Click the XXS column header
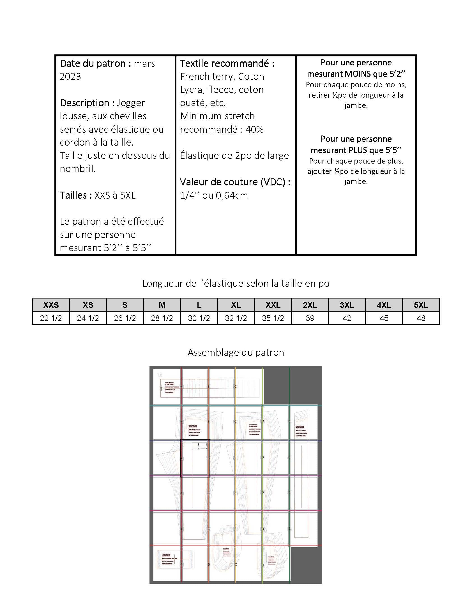(51, 305)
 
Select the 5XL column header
(421, 305)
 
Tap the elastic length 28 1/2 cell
(162, 318)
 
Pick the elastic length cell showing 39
(310, 318)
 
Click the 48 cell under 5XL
(421, 318)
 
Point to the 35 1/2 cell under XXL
(273, 318)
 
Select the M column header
(162, 305)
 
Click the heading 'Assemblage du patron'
(236, 352)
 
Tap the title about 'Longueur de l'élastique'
(236, 283)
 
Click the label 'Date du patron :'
(95, 63)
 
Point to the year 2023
(70, 76)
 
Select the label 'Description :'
(87, 103)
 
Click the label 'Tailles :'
(76, 195)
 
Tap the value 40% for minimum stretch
(255, 129)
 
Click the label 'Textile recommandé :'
(227, 63)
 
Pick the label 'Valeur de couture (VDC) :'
(235, 182)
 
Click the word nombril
(77, 169)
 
